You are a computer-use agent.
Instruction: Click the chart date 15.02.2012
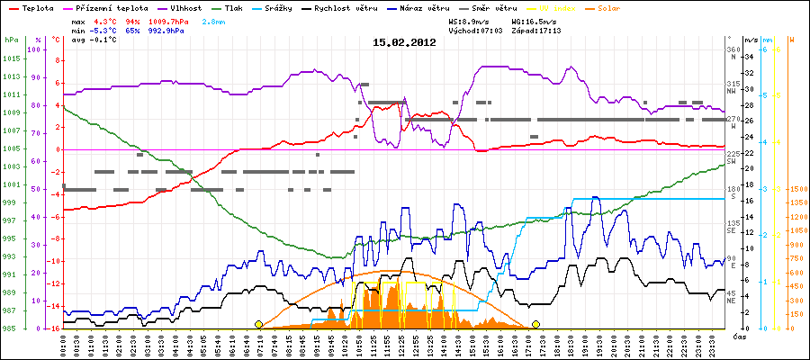[404, 42]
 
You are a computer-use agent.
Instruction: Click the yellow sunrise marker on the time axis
[259, 324]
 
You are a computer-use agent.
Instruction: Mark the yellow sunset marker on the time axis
[536, 324]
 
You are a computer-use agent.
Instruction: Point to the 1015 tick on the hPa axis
[9, 60]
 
